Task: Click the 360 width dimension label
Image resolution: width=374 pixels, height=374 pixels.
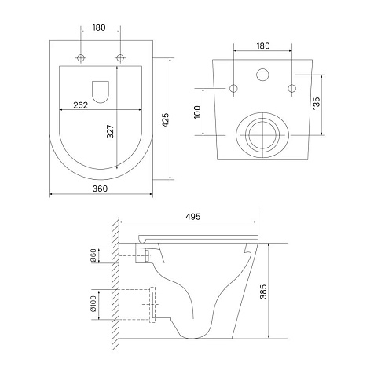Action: [x=100, y=189]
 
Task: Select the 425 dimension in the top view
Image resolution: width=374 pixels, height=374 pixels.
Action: [x=166, y=120]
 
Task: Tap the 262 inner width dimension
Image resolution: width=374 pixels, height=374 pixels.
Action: [x=80, y=105]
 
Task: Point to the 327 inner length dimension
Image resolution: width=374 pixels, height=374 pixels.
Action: [x=111, y=131]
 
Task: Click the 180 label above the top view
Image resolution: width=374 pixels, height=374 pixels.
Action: [x=99, y=27]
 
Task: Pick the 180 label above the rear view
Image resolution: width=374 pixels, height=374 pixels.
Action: [x=263, y=46]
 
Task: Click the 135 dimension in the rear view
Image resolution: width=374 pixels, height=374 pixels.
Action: [x=317, y=103]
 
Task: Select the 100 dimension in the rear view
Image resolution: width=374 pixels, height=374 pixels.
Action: [x=197, y=112]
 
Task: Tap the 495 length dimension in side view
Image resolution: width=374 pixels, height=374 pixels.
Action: [x=193, y=217]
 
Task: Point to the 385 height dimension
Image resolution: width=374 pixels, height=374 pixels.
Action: [x=263, y=291]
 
